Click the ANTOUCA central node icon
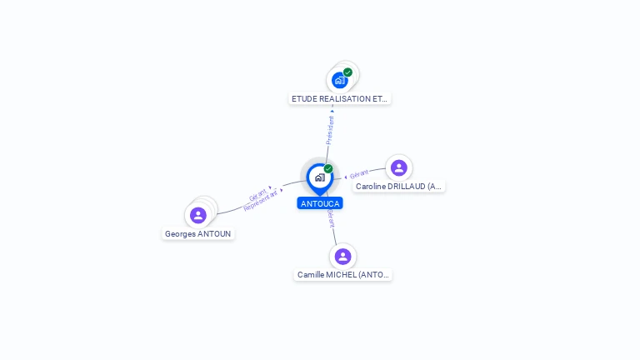[x=319, y=177]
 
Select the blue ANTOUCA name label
[x=320, y=203]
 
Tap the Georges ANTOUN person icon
[x=198, y=216]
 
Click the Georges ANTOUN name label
[x=198, y=234]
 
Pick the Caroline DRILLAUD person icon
[x=398, y=167]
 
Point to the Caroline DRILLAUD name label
[x=398, y=187]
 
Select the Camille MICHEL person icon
[x=342, y=256]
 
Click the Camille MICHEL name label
[x=342, y=274]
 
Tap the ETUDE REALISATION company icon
[x=339, y=80]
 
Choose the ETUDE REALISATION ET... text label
[x=339, y=98]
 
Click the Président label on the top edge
[x=330, y=130]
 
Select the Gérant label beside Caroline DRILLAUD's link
[x=359, y=174]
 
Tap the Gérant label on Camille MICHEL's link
[x=331, y=217]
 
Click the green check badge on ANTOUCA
[x=328, y=168]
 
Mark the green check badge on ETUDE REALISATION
[x=347, y=72]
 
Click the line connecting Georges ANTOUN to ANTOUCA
[x=233, y=208]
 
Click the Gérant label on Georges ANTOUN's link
[x=257, y=193]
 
